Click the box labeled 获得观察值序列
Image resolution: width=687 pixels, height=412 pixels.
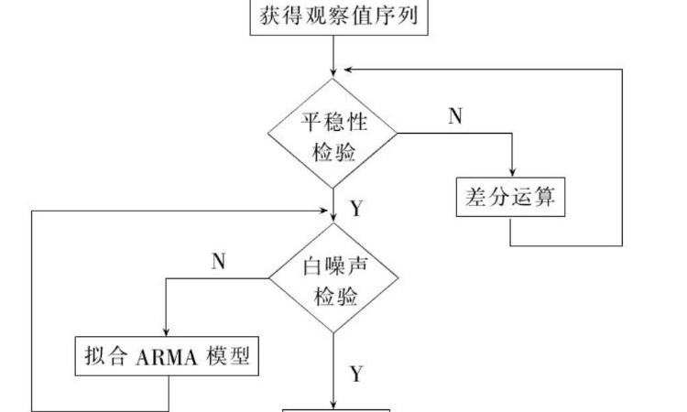click(x=340, y=17)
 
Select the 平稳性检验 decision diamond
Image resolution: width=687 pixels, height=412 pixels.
click(x=333, y=135)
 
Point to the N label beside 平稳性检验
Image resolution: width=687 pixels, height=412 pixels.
click(x=454, y=115)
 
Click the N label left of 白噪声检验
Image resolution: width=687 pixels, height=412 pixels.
click(x=218, y=262)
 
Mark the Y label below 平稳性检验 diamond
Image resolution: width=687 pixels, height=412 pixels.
click(x=356, y=209)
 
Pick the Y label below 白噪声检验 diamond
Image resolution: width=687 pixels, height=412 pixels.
click(x=356, y=374)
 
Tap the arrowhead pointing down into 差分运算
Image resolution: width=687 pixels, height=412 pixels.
click(x=510, y=174)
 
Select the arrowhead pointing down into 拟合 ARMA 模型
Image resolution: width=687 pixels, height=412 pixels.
click(x=166, y=333)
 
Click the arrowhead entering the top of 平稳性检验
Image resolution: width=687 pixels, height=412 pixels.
click(x=333, y=73)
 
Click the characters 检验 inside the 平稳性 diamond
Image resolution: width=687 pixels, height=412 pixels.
click(x=333, y=149)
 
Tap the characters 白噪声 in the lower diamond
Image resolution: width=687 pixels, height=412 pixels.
click(x=333, y=267)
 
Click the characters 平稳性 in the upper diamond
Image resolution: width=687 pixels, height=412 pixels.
click(x=333, y=121)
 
